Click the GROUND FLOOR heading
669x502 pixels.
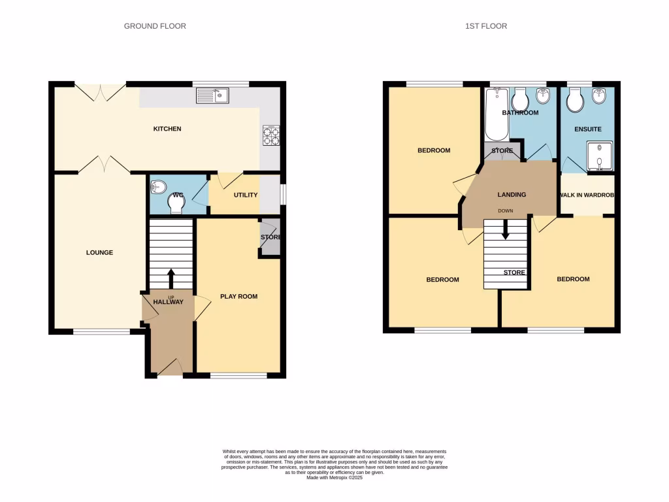point(155,26)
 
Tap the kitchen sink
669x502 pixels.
point(212,97)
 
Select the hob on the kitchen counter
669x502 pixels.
point(270,135)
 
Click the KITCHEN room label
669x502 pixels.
point(167,129)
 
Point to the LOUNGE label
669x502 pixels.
point(100,252)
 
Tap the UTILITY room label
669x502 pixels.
point(246,195)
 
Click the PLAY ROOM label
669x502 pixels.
point(238,296)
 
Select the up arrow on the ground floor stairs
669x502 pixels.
point(171,278)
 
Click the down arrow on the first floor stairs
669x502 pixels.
point(505,229)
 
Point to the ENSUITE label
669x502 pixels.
point(587,129)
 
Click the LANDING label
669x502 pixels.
point(512,194)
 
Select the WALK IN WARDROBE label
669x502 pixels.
point(587,195)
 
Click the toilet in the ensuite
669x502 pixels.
point(575,101)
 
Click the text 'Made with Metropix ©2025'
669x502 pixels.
point(334,478)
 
